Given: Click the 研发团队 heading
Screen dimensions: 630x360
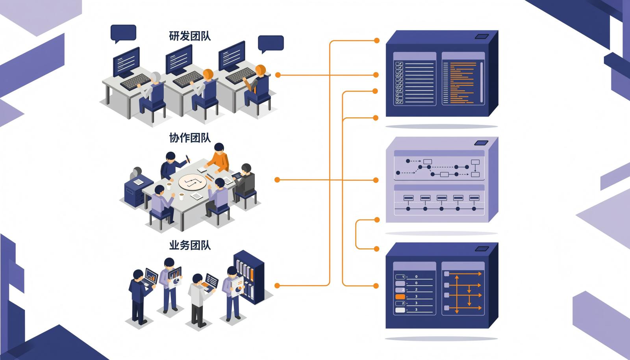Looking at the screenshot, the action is [190, 36].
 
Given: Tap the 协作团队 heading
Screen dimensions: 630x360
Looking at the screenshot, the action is [190, 138].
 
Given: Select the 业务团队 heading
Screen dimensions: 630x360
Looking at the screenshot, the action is [190, 245].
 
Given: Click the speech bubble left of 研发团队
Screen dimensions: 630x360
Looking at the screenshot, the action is [123, 33].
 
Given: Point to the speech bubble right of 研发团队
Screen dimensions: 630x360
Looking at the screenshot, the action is [271, 44].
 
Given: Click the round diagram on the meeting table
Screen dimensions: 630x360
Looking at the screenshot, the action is [193, 182].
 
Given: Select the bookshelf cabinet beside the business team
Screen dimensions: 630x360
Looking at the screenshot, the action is [249, 277].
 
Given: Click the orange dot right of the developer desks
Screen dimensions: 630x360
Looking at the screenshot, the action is [278, 75].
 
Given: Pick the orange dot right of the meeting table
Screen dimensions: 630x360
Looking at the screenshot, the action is [277, 180].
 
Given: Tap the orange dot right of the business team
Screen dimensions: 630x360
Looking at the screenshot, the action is [277, 286].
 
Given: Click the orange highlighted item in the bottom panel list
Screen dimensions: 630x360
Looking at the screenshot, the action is [400, 297].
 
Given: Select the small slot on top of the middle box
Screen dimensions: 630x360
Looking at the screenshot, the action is [481, 143].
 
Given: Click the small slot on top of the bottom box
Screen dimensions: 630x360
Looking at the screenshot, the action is [482, 249].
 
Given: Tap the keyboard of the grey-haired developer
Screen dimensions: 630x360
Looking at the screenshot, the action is [135, 81].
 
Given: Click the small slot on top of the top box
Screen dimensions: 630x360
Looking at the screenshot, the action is [482, 37].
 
